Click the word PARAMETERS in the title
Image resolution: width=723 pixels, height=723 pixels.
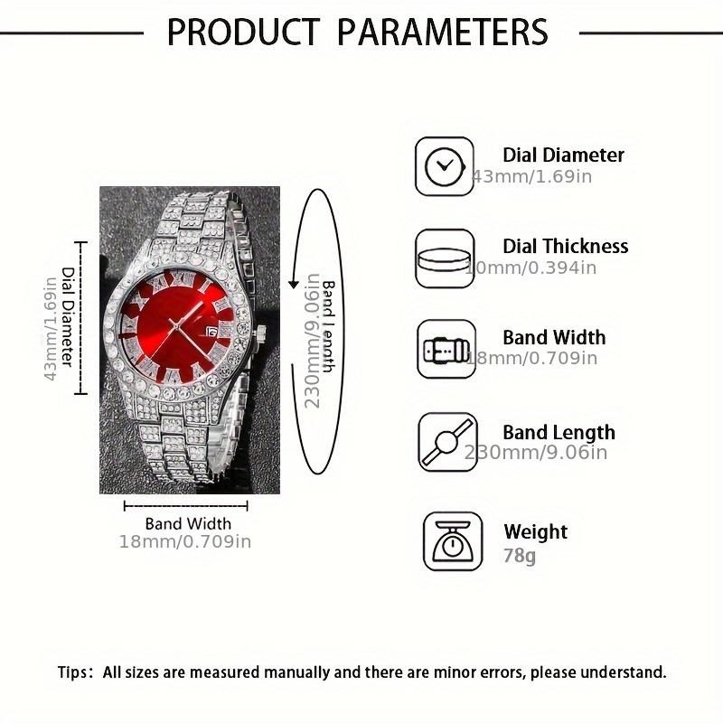click(443, 32)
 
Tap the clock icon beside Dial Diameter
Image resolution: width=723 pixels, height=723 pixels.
click(444, 165)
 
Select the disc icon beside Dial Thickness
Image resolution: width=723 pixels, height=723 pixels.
click(444, 258)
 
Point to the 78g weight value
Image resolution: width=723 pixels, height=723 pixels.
click(520, 556)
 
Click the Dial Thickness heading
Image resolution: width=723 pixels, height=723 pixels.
click(565, 246)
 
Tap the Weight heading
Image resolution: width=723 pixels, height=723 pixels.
click(535, 531)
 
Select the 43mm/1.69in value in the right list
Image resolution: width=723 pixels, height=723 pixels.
click(533, 176)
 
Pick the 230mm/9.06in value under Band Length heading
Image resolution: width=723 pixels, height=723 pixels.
click(537, 453)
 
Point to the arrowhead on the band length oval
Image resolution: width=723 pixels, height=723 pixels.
click(294, 284)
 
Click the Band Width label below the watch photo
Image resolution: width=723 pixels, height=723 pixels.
click(188, 523)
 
